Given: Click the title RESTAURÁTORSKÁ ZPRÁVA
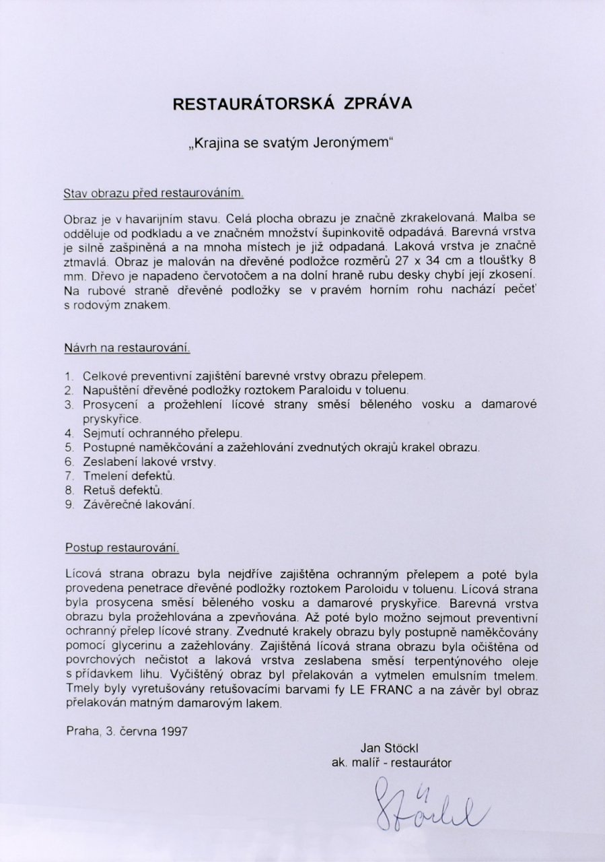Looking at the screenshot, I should (291, 104).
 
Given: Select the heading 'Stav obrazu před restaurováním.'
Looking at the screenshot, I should (153, 193).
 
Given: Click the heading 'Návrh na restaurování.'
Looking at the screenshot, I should (127, 348).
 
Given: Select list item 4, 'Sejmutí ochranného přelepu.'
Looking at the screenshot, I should (162, 432).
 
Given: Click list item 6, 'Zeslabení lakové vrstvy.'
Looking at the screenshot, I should (149, 461).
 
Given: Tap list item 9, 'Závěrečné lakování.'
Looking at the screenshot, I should (139, 504).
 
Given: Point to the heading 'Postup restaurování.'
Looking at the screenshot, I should (122, 548).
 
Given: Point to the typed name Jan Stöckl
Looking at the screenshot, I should (390, 747).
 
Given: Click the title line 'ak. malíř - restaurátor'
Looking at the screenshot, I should (391, 763).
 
